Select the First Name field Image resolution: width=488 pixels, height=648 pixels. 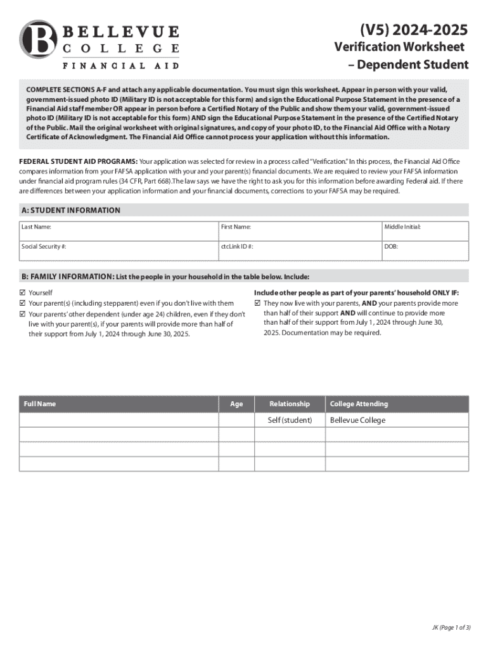pos(299,232)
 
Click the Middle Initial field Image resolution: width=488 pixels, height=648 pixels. pos(425,232)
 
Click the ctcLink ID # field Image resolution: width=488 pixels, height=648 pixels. pos(299,251)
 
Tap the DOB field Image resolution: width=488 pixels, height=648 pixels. pos(425,251)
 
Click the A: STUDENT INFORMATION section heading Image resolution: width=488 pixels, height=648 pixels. pos(71,210)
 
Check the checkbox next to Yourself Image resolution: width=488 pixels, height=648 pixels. pos(23,293)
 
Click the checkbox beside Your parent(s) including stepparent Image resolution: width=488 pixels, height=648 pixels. pos(23,303)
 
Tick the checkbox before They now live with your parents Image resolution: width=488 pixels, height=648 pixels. pos(258,303)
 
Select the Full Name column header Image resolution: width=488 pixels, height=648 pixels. pos(39,404)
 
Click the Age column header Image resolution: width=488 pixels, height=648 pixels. pos(236,404)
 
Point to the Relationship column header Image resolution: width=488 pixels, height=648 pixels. pos(290,404)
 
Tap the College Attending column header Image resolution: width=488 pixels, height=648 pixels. pos(359,404)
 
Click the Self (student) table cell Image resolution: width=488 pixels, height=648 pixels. pos(290,420)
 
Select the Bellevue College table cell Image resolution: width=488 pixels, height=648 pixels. pos(357,420)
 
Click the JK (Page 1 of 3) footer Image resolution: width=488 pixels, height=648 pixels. pos(451,628)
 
